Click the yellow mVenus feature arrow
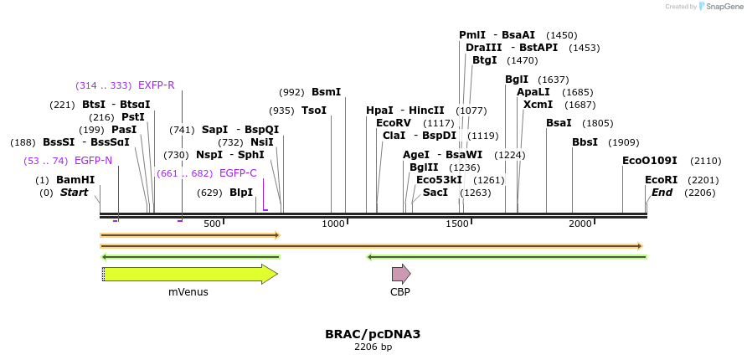(x=189, y=274)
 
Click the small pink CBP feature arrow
(x=400, y=274)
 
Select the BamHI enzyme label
(x=75, y=180)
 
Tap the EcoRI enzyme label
(x=661, y=180)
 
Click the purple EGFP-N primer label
(x=93, y=160)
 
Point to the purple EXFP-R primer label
(x=156, y=85)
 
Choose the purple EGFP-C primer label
(x=238, y=173)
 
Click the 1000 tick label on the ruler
(x=333, y=224)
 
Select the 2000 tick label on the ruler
(x=580, y=224)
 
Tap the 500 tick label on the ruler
(x=212, y=224)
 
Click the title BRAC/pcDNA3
(x=373, y=334)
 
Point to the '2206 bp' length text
(x=373, y=347)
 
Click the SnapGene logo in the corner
(x=720, y=6)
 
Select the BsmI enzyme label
(x=326, y=92)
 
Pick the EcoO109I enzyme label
(x=649, y=161)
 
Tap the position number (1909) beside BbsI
(x=623, y=142)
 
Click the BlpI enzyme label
(x=241, y=193)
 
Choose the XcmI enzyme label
(x=538, y=105)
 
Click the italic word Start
(x=74, y=193)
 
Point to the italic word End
(x=662, y=193)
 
